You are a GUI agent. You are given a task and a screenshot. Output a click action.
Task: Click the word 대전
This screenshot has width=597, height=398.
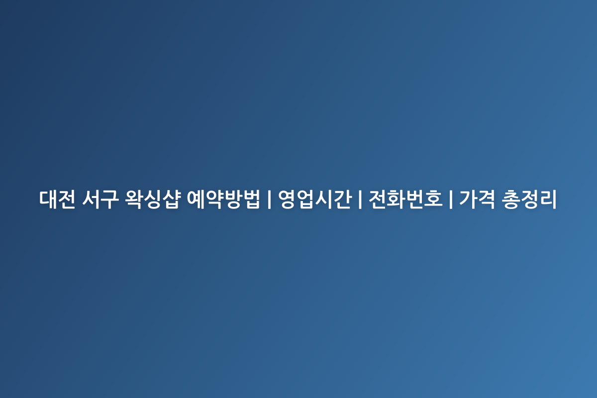pyautogui.click(x=57, y=199)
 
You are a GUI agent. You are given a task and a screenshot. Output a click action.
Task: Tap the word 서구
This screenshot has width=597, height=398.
pyautogui.click(x=100, y=199)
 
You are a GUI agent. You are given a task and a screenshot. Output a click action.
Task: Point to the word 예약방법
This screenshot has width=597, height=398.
pyautogui.click(x=223, y=199)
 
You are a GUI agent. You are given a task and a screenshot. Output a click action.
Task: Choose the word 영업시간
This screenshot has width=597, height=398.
pyautogui.click(x=315, y=199)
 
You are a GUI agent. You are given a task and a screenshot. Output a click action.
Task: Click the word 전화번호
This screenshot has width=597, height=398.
pyautogui.click(x=405, y=199)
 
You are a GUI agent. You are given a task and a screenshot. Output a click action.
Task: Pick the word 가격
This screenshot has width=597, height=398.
pyautogui.click(x=477, y=199)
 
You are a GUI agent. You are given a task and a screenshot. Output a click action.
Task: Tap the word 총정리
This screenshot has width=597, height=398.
pyautogui.click(x=529, y=199)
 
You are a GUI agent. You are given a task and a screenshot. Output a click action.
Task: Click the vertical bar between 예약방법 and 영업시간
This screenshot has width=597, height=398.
pyautogui.click(x=269, y=199)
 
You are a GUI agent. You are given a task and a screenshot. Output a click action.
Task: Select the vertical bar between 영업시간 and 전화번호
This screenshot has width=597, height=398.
pyautogui.click(x=360, y=199)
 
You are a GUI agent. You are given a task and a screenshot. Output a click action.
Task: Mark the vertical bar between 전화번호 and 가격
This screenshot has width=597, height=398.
pyautogui.click(x=451, y=199)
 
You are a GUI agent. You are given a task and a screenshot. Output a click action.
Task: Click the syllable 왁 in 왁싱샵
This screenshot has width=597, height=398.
pyautogui.click(x=134, y=199)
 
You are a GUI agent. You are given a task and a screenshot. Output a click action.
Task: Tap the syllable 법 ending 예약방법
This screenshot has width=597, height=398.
pyautogui.click(x=251, y=199)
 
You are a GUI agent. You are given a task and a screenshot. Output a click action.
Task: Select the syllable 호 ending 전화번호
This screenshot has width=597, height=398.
pyautogui.click(x=433, y=199)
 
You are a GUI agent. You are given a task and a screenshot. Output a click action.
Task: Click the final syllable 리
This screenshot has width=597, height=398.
pyautogui.click(x=548, y=199)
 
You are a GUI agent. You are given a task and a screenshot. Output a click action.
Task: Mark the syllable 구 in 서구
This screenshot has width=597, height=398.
pyautogui.click(x=109, y=199)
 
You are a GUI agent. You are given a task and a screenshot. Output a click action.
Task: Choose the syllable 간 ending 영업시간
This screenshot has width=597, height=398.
pyautogui.click(x=342, y=199)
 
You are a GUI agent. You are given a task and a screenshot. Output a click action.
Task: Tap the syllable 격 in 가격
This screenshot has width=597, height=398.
pyautogui.click(x=486, y=199)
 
